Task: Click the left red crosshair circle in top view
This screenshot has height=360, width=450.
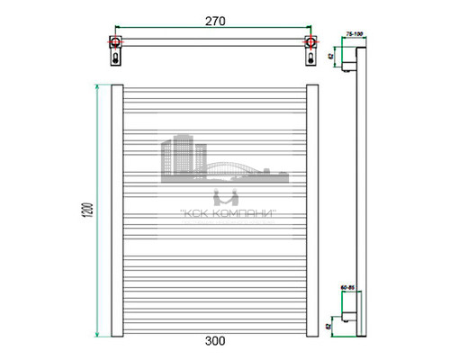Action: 115,41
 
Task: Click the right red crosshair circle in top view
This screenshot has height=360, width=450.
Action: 310,41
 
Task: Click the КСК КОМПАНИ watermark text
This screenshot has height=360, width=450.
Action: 224,213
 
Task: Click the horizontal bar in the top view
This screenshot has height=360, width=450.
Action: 212,41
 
